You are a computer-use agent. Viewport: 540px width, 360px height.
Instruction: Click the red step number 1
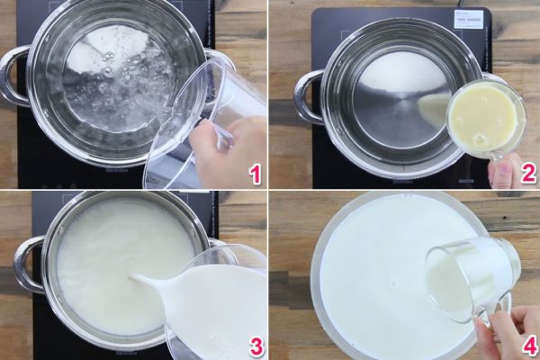point(256,171)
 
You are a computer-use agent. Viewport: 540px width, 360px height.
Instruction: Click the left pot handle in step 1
point(13,76)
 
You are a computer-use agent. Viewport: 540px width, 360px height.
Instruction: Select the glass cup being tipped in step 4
point(468,279)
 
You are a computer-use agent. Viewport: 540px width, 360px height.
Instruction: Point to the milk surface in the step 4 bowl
point(369,270)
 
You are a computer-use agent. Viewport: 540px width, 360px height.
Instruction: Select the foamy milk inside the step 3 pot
point(99,261)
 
